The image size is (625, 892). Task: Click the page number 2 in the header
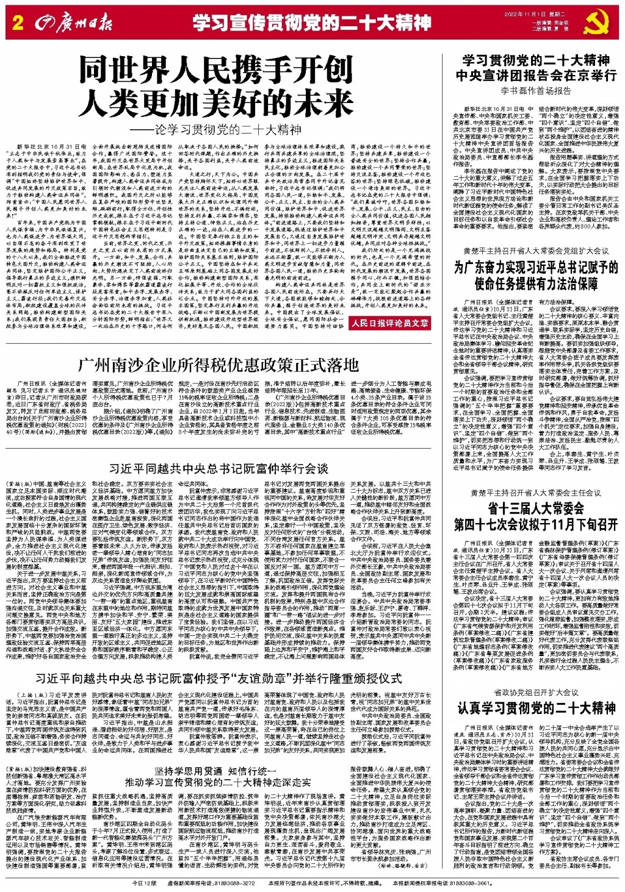17,24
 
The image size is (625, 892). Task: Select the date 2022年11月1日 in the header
524,14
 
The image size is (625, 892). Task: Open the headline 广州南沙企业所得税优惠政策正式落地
218,365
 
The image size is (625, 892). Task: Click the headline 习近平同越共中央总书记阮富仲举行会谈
218,468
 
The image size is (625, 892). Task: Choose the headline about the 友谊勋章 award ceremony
218,678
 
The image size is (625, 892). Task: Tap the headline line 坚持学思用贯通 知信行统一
218,770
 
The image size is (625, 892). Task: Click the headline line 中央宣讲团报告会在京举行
536,76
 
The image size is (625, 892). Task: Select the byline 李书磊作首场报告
536,91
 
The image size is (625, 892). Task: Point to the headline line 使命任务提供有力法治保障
536,284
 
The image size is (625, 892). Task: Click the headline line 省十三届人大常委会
536,508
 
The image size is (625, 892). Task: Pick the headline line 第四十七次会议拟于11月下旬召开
536,525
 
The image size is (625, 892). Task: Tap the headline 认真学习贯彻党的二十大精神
536,708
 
